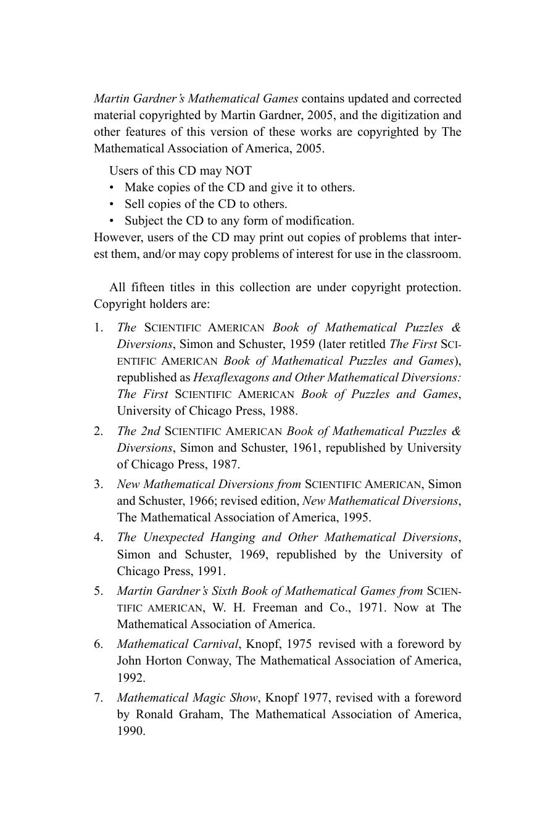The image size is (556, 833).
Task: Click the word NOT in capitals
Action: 238,171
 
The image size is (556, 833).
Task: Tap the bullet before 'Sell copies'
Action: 112,204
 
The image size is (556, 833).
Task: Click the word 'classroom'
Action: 429,254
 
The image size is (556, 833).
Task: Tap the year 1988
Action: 283,411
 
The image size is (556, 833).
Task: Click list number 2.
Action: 99,431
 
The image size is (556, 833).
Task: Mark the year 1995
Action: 357,518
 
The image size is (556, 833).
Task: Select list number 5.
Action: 99,591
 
